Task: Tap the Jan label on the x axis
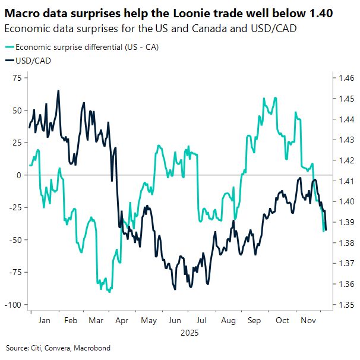43,320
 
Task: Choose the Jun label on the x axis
175,320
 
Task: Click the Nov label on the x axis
308,320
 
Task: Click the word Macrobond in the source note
94,348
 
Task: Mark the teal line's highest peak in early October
275,97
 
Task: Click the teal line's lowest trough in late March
109,292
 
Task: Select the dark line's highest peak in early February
58,90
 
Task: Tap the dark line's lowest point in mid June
175,289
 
